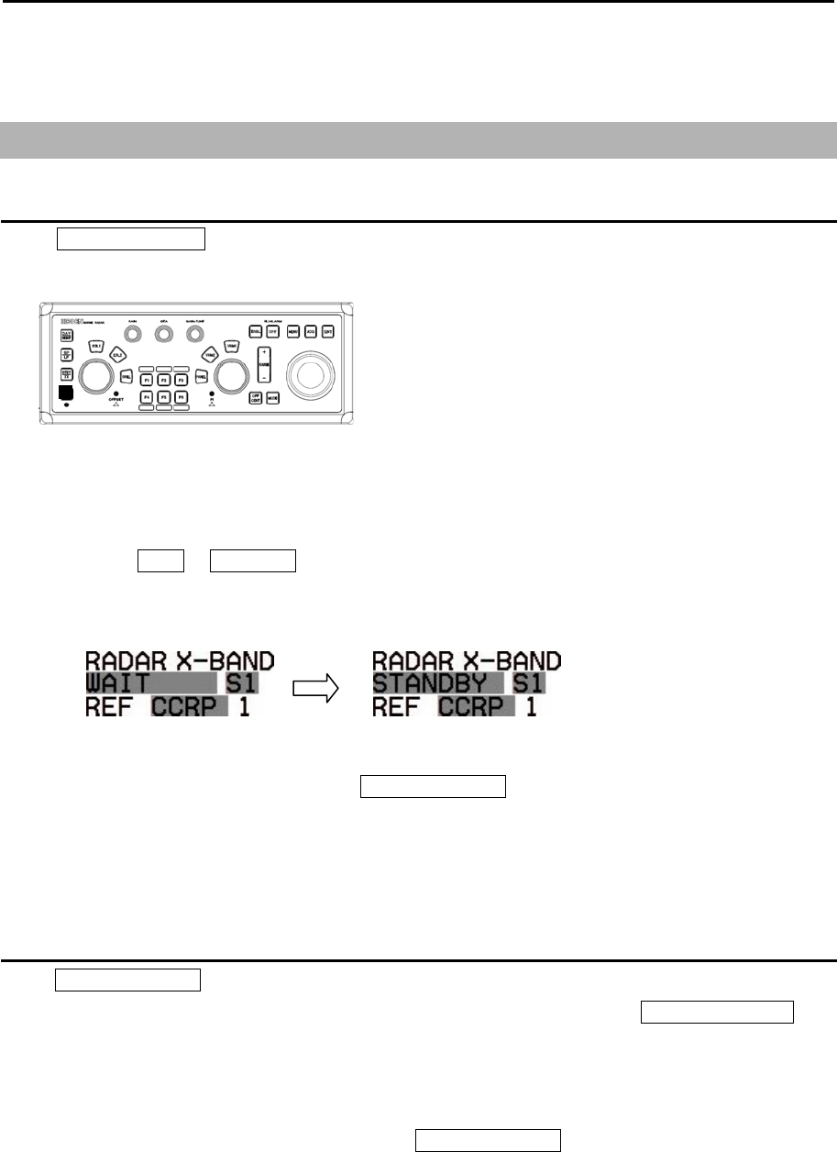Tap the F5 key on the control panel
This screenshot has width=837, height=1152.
[163, 397]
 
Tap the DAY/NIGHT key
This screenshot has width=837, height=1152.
[67, 335]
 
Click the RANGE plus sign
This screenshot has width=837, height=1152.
[263, 352]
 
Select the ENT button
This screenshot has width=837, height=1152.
[327, 332]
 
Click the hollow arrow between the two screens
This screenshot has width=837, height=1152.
[319, 682]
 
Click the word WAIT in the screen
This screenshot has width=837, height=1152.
[119, 683]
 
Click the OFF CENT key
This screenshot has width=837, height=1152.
[256, 398]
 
